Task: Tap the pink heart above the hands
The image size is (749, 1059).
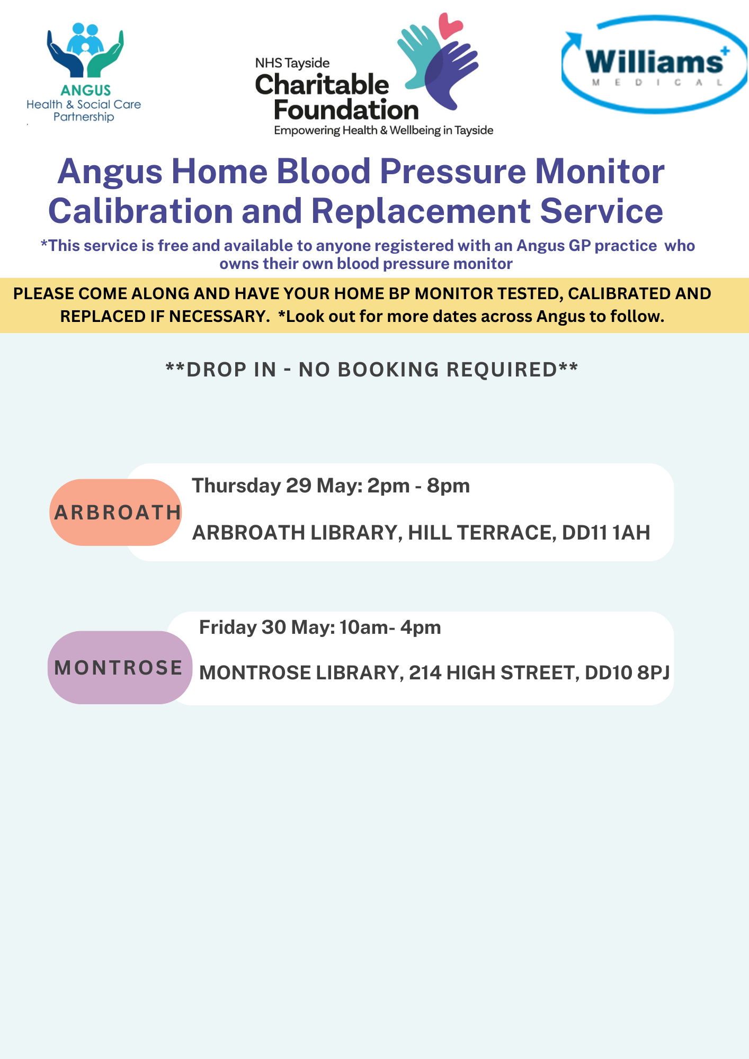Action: coord(450,25)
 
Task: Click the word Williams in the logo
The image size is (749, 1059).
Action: coord(655,62)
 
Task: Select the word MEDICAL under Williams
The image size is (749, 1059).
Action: coord(657,83)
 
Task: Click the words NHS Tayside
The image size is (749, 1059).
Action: coord(292,64)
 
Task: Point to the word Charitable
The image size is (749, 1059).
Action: coord(322,85)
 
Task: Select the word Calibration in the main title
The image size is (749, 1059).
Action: coord(140,211)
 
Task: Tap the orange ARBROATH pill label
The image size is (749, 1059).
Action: coord(116,512)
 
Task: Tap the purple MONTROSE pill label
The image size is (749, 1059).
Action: coord(120,667)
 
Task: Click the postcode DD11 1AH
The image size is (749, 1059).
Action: coord(606,533)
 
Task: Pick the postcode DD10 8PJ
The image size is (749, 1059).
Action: coord(627,672)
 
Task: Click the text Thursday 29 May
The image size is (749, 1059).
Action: coord(275,486)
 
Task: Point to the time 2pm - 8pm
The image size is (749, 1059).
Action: coord(418,486)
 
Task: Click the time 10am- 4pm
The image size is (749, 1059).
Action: coord(390,627)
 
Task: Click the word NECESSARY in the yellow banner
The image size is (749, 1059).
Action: coord(211,316)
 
